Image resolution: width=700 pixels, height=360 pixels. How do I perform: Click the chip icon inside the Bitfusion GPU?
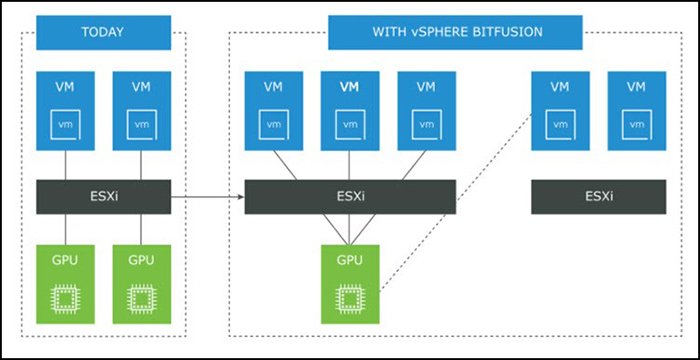pos(349,298)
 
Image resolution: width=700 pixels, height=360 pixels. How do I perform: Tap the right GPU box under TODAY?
pos(141,282)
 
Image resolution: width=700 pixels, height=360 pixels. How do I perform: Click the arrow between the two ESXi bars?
pos(208,197)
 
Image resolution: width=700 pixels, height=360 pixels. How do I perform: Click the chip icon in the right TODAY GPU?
pos(141,298)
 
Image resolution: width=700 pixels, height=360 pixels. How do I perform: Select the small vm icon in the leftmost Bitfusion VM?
pos(273,125)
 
